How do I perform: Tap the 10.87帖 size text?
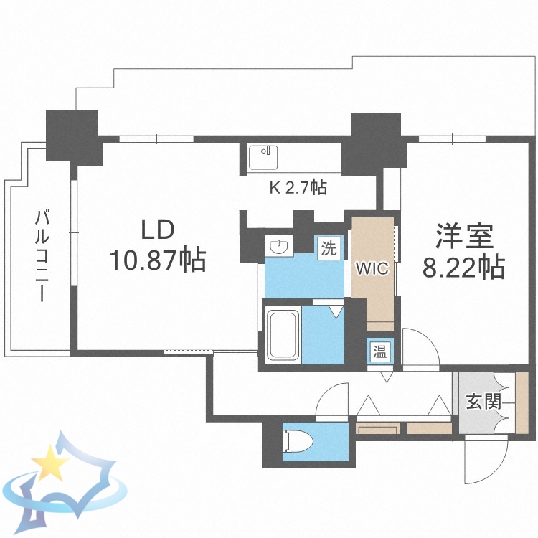[x=157, y=259]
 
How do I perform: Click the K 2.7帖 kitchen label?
[x=298, y=188]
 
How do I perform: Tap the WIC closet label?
[x=372, y=269]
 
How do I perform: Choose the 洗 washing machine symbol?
[x=329, y=249]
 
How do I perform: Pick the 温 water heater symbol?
[x=378, y=351]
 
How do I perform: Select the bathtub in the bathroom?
[x=282, y=334]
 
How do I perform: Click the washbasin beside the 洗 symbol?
[x=279, y=247]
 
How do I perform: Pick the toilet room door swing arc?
[x=331, y=402]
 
